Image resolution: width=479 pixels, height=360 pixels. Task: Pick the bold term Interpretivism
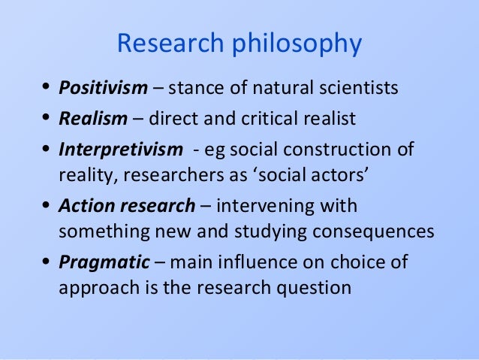[x=120, y=148]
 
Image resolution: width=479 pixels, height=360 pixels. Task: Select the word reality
[x=82, y=177]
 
